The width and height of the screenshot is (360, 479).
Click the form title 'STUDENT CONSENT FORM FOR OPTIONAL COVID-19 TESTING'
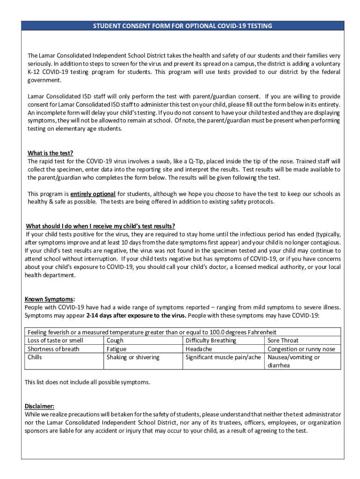pos(182,26)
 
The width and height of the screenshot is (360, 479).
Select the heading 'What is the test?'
pos(50,153)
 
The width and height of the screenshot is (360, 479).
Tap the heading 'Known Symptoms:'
pos(50,299)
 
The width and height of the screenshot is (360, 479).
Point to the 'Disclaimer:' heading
pos(39,406)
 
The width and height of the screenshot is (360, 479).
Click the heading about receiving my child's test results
pos(101,226)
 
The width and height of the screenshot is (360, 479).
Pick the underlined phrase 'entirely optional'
pos(93,194)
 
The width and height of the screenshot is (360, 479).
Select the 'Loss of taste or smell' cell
pos(55,341)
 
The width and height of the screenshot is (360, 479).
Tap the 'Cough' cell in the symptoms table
pos(115,341)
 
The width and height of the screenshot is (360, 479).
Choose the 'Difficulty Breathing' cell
pos(211,341)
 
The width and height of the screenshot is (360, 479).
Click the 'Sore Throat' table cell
pos(283,341)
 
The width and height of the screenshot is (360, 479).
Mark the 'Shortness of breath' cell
pos(53,349)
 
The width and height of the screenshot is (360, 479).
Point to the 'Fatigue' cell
pos(116,349)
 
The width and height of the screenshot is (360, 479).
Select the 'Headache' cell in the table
pos(199,349)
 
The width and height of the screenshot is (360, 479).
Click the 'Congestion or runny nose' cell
pos(301,349)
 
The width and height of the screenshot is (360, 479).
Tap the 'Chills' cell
pos(35,357)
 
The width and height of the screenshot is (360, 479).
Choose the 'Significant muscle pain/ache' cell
pos(223,357)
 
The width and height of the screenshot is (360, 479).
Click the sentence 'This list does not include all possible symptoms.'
pos(87,382)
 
